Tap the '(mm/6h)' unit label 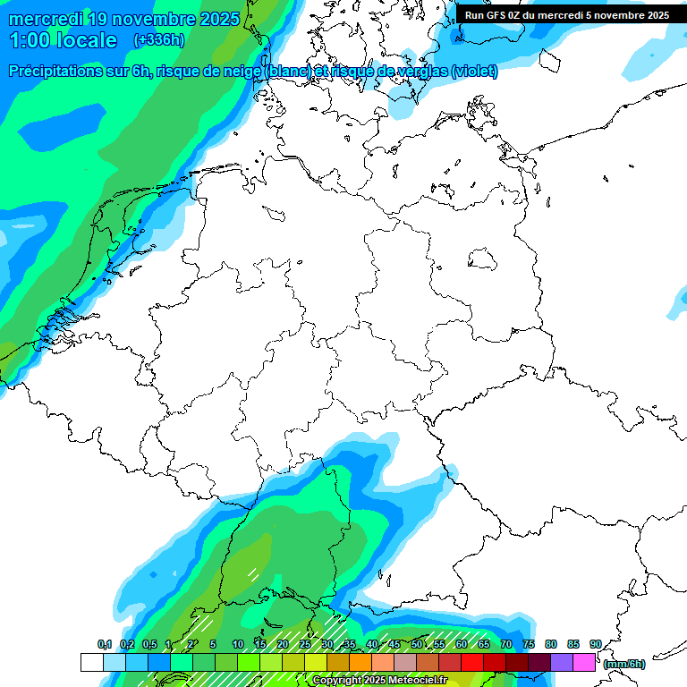(623, 664)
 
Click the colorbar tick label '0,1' (104, 644)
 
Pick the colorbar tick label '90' (596, 644)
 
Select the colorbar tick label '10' (238, 644)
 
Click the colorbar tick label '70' (506, 644)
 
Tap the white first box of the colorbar (92, 663)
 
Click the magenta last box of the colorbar (584, 663)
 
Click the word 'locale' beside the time (86, 40)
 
